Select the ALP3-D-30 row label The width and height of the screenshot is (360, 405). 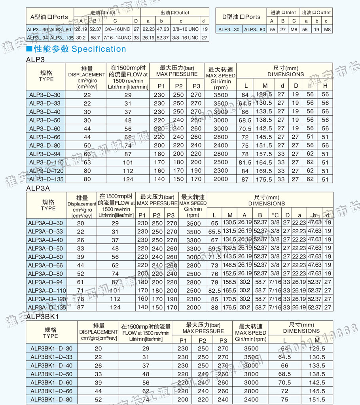point(45,94)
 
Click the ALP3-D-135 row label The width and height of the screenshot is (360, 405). point(45,179)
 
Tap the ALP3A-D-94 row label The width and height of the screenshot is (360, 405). point(45,282)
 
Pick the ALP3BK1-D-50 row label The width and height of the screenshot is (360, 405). point(51,374)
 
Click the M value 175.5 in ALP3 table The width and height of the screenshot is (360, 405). point(264,179)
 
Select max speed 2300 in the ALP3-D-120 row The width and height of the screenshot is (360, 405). point(220,171)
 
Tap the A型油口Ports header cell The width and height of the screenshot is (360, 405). point(49,17)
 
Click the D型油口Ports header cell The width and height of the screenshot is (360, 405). point(241,17)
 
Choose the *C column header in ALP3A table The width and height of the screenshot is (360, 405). point(275,215)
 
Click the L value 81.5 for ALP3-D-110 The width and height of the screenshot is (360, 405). point(245,162)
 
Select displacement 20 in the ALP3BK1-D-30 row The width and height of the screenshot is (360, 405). point(98,348)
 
